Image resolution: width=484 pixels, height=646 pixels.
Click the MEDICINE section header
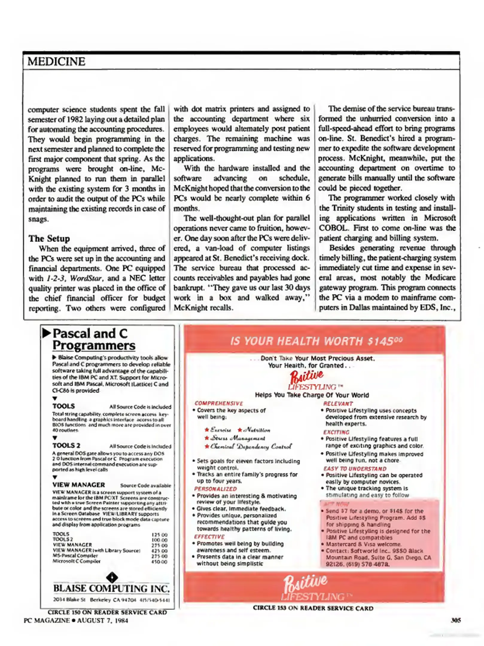[x=56, y=62]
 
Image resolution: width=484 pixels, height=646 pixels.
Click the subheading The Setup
[x=49, y=238]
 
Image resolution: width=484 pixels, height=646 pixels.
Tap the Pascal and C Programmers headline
[x=93, y=339]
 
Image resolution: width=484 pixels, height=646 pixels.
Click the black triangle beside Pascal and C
[x=46, y=333]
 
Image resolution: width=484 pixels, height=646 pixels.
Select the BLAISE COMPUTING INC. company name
[x=111, y=588]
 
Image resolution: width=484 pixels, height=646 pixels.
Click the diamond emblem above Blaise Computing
[x=112, y=577]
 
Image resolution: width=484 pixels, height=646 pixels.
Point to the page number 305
[x=456, y=620]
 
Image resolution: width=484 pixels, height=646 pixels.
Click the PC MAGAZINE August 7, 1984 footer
[x=76, y=621]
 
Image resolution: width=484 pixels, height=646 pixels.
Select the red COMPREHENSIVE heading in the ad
[x=219, y=403]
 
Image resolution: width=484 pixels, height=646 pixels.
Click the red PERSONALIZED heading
[x=215, y=489]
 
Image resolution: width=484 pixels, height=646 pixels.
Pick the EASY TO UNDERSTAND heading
[x=355, y=469]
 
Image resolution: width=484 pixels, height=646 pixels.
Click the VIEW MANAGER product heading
[x=79, y=485]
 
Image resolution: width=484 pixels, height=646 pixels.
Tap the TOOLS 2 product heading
[x=66, y=446]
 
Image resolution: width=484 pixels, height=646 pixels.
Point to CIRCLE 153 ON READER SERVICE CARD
[x=313, y=608]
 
